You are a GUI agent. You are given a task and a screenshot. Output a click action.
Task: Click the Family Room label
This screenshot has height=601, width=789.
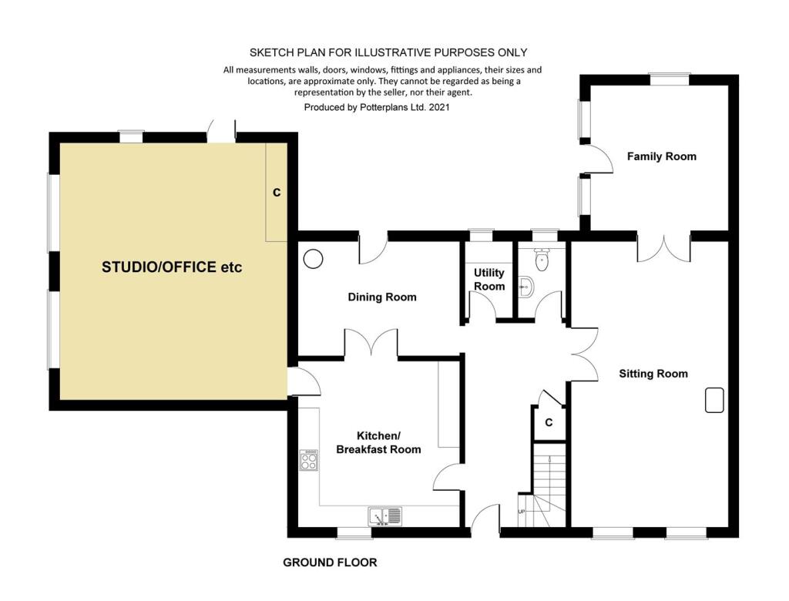[x=662, y=156]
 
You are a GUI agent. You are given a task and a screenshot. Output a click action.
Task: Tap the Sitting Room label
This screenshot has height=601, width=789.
[x=653, y=374]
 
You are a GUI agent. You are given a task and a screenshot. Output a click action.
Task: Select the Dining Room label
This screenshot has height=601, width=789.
[x=382, y=297]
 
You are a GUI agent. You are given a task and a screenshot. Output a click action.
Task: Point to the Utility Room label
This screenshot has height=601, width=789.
[x=489, y=280]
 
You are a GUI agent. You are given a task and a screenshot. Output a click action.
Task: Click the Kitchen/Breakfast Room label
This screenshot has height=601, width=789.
[x=378, y=442]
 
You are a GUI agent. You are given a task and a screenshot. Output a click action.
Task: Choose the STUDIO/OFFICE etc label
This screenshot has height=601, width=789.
[x=172, y=267]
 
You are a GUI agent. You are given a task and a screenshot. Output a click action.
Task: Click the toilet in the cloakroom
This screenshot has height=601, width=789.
[x=542, y=259]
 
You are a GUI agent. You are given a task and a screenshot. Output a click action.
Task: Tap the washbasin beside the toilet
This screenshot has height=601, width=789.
[x=525, y=287]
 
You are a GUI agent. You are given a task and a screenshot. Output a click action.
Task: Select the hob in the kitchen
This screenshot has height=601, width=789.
[x=308, y=460]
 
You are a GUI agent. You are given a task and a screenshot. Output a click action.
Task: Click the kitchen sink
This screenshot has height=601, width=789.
[x=385, y=516]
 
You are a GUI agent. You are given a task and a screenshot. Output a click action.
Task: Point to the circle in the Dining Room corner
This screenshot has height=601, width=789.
[x=313, y=259]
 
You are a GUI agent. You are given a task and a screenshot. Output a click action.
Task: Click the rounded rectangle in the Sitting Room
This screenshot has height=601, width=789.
[x=714, y=400]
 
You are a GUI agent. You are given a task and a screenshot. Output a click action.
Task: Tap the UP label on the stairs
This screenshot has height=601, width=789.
[x=522, y=512]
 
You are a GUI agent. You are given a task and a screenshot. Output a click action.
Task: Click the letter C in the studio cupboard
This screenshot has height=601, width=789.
[x=277, y=193]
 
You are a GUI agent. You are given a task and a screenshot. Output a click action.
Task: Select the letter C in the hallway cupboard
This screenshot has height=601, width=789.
[x=549, y=422]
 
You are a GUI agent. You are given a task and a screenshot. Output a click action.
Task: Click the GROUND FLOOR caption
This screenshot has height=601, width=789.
[x=330, y=562]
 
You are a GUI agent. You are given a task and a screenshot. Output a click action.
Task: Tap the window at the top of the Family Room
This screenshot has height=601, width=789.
[x=670, y=79]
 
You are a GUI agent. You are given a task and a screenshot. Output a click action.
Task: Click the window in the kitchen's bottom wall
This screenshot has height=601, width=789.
[x=354, y=533]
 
